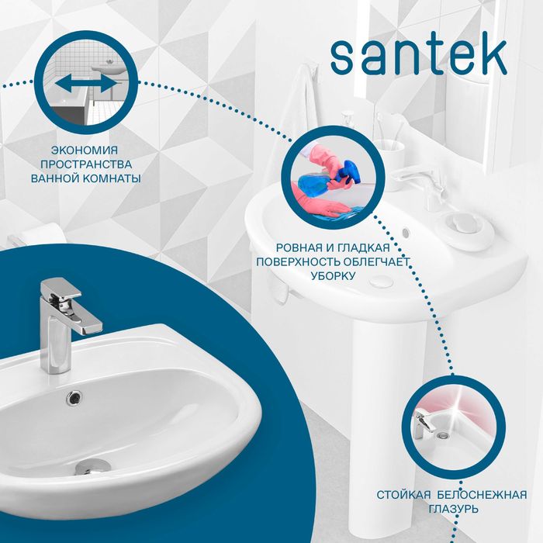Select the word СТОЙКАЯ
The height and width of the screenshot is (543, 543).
pyautogui.click(x=403, y=494)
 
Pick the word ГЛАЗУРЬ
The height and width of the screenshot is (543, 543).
pyautogui.click(x=451, y=509)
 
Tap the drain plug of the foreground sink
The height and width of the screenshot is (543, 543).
pyautogui.click(x=92, y=465)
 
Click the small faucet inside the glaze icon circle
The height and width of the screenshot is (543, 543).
pyautogui.click(x=422, y=422)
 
